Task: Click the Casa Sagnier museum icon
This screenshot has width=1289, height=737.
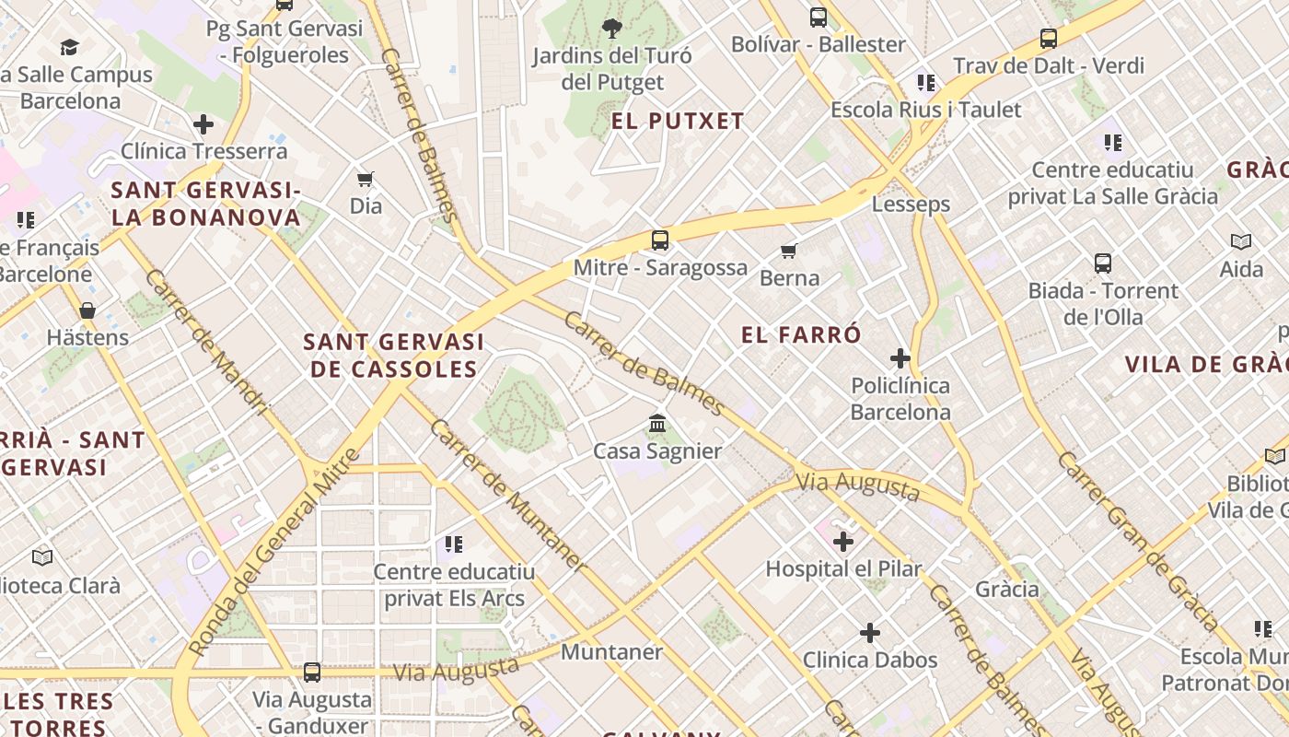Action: point(657,424)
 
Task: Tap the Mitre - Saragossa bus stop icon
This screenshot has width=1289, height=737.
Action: point(660,240)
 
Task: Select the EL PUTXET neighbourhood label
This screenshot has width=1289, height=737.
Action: point(678,122)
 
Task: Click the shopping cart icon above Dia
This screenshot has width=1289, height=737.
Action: point(366,179)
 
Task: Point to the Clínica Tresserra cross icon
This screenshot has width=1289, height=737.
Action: point(203,124)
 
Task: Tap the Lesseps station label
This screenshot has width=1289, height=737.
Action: point(911,204)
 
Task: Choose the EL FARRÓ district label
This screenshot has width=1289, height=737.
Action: point(801,334)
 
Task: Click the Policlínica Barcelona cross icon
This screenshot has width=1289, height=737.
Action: point(900,358)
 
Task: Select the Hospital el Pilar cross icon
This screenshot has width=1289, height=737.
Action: point(843,542)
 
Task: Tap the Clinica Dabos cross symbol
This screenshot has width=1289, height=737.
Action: point(870,633)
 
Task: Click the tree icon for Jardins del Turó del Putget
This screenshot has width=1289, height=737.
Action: point(611,29)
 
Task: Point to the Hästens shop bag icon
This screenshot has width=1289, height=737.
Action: point(87,310)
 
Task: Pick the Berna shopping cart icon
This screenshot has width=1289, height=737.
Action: point(789,251)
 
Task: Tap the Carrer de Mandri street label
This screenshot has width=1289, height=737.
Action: point(206,343)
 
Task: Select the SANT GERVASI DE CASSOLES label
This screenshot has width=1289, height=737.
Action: point(393,356)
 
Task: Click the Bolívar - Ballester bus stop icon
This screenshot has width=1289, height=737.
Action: point(818,18)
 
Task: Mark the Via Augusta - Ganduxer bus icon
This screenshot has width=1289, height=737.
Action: point(312,673)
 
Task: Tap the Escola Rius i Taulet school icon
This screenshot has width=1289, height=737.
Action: point(926,83)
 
